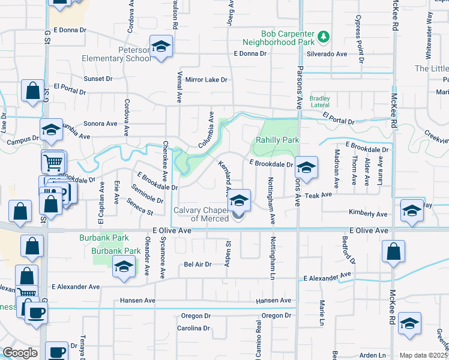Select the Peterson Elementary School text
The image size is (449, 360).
point(118,54)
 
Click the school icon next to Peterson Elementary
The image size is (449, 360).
point(161,47)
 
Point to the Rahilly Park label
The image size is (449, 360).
point(277,141)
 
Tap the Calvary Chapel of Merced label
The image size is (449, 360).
point(201,214)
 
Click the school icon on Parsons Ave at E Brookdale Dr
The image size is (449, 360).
point(306,169)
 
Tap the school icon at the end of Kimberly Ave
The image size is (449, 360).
point(412,211)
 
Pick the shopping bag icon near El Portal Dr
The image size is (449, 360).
point(32,91)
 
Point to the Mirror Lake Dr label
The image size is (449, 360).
point(206,79)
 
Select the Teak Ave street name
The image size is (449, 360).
point(318,195)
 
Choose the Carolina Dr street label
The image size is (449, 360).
point(193,328)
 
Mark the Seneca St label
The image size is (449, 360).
point(139,208)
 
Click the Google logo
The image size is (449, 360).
point(20,353)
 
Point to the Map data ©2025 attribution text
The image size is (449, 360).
point(423,355)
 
